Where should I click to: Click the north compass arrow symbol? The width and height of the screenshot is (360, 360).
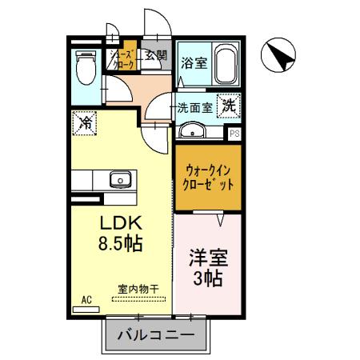pyautogui.click(x=280, y=57)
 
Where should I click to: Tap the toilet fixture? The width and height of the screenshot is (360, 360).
pyautogui.click(x=84, y=67)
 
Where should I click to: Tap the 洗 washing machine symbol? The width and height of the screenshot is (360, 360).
pyautogui.click(x=228, y=105)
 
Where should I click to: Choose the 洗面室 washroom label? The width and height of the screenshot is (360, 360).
pyautogui.click(x=194, y=106)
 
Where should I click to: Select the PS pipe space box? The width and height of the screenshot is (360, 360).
pyautogui.click(x=234, y=134)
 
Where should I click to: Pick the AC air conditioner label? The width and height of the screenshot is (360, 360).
pyautogui.click(x=86, y=299)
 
